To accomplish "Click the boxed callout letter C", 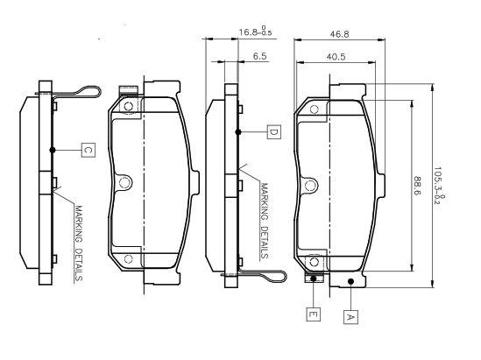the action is tap(88, 150).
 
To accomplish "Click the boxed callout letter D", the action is tap(273, 132).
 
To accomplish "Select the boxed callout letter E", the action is tap(313, 314).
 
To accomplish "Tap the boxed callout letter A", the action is tap(350, 317).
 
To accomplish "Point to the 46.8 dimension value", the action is tap(340, 34).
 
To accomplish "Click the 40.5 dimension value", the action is tap(336, 57).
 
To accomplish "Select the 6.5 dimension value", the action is tap(260, 56).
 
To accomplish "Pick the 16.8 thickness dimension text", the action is tap(255, 32).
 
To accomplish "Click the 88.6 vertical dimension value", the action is tap(418, 186).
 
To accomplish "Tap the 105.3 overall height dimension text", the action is tap(439, 187).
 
